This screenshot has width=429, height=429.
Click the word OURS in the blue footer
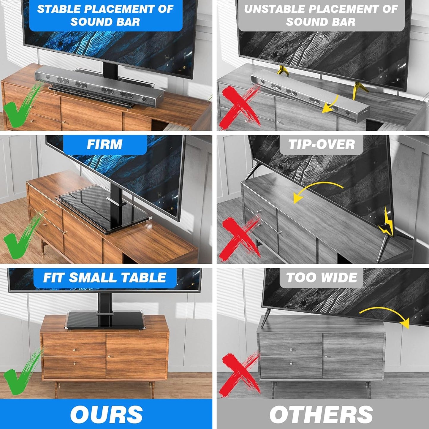(x=106, y=414)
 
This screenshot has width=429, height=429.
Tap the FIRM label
(x=105, y=145)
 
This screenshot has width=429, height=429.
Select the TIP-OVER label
(x=322, y=145)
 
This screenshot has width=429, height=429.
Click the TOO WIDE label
(x=322, y=278)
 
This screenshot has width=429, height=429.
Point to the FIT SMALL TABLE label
(x=105, y=278)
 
